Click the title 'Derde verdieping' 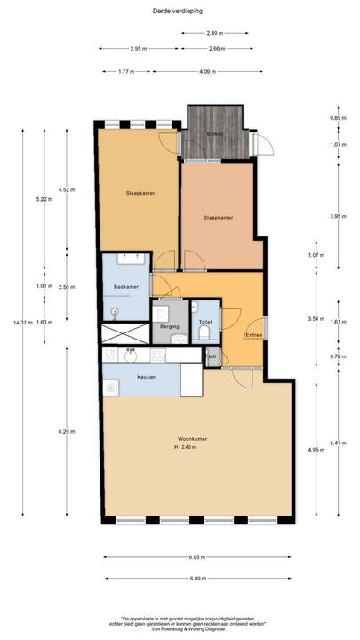coord(180,10)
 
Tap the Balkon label coord(214,133)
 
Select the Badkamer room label coord(125,286)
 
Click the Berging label coord(170,326)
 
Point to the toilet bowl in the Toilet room coord(206,334)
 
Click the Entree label coord(254,334)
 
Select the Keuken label coord(146,377)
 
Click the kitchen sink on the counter coord(130,355)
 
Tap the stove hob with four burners coord(158,355)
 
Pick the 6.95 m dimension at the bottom coord(197,557)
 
